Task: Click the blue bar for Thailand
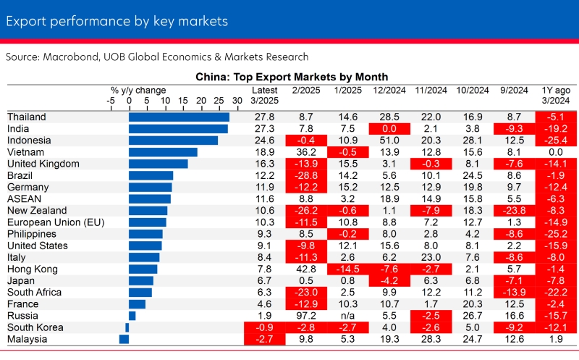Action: click(179, 117)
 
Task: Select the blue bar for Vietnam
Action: click(163, 152)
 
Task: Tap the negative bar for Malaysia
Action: click(124, 339)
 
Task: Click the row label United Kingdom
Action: click(43, 164)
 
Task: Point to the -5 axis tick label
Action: click(111, 101)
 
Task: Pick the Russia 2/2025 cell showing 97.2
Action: click(305, 316)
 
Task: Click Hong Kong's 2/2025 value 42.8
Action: click(305, 269)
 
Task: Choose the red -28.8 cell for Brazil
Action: click(305, 175)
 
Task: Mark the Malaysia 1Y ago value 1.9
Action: click(555, 339)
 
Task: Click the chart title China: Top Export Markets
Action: click(292, 77)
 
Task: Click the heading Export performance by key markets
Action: click(117, 21)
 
